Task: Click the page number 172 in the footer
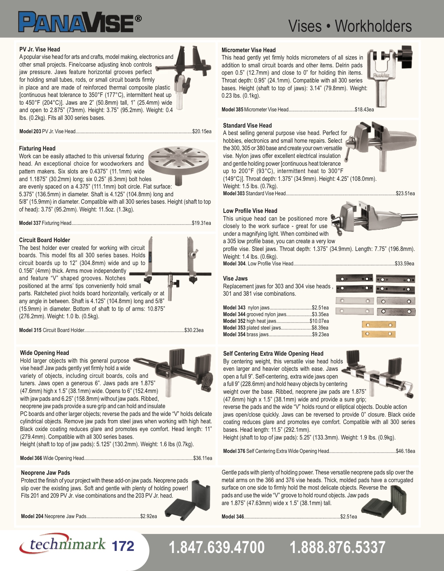[123, 546]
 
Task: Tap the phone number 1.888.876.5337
[337, 547]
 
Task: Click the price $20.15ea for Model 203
[202, 131]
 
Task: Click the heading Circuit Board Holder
[44, 240]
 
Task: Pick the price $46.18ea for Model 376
[405, 451]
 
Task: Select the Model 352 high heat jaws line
[276, 321]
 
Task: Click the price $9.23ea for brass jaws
[320, 334]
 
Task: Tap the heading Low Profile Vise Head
[250, 211]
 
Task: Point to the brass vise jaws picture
[378, 329]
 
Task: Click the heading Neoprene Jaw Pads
[45, 473]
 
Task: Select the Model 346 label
[233, 517]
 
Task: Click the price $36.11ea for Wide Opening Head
[203, 458]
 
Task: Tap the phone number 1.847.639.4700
[216, 547]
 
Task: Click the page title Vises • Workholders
[350, 26]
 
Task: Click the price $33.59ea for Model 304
[404, 264]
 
